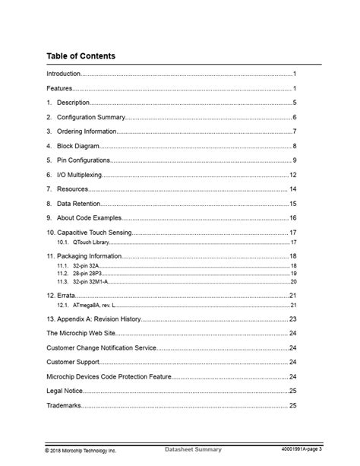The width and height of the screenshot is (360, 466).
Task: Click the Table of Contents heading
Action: (81, 56)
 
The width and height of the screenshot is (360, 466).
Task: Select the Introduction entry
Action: (63, 74)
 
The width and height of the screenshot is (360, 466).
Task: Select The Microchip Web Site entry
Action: (83, 334)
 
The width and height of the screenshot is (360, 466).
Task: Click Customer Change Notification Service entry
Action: (101, 348)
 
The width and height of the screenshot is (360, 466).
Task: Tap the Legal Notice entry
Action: (65, 391)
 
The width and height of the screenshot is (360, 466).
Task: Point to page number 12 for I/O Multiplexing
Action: (292, 175)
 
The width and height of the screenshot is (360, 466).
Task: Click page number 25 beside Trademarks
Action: (292, 405)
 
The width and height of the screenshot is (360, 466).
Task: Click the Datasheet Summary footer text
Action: (193, 450)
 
